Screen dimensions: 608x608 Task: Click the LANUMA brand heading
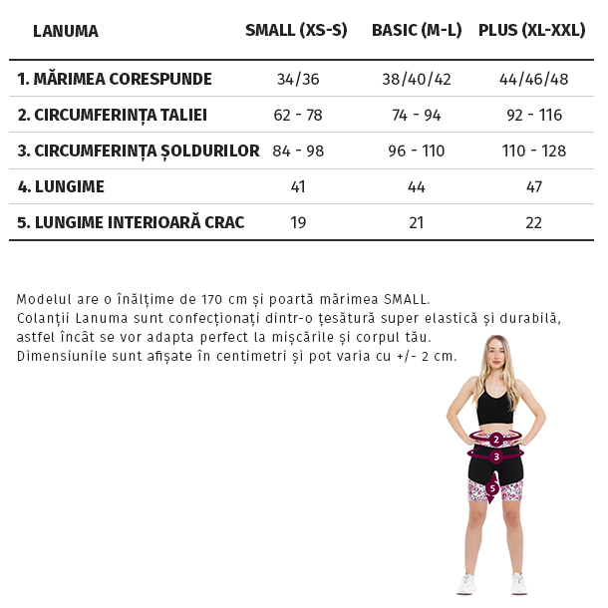click(x=66, y=31)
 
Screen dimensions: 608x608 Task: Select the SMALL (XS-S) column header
click(x=296, y=30)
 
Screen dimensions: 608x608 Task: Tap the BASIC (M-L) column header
click(x=417, y=30)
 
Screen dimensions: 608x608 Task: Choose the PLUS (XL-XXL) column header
click(x=531, y=30)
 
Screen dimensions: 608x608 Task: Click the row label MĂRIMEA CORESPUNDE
click(x=115, y=79)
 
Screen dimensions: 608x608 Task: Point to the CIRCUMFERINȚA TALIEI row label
click(x=113, y=115)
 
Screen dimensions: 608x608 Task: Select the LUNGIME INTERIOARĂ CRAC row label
click(x=131, y=222)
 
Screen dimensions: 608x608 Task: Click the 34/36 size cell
click(x=298, y=79)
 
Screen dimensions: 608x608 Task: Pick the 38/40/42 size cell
click(x=417, y=79)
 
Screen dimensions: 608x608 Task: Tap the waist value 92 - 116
click(x=534, y=115)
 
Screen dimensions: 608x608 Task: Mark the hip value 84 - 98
click(x=298, y=151)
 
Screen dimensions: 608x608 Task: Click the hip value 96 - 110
click(x=417, y=151)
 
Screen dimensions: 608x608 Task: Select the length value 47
click(x=534, y=186)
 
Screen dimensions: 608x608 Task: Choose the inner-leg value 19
click(x=298, y=222)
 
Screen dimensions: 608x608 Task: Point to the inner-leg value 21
click(x=417, y=222)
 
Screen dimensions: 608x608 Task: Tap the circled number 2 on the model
click(x=495, y=440)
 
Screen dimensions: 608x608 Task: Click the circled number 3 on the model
click(x=495, y=456)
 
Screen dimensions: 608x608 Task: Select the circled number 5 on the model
click(x=492, y=487)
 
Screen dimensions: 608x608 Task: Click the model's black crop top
click(x=494, y=407)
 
